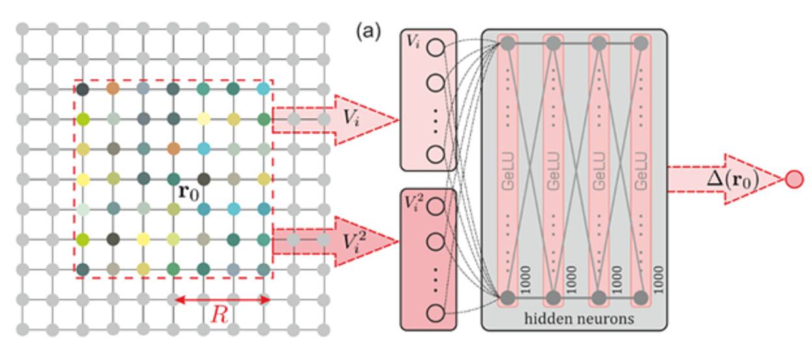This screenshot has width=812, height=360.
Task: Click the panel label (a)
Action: [368, 31]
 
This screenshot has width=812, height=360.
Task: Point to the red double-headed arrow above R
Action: [221, 300]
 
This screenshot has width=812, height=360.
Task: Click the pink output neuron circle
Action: [794, 180]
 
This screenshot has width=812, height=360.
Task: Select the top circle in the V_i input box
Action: [435, 48]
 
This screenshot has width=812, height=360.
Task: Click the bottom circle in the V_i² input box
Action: [435, 313]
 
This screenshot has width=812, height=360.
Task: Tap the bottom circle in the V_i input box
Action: [435, 154]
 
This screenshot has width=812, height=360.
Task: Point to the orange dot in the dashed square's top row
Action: [113, 88]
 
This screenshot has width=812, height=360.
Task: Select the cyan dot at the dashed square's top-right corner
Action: [263, 88]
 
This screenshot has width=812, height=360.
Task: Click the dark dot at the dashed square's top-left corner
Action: [83, 88]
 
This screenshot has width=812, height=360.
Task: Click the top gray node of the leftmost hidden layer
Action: [508, 44]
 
